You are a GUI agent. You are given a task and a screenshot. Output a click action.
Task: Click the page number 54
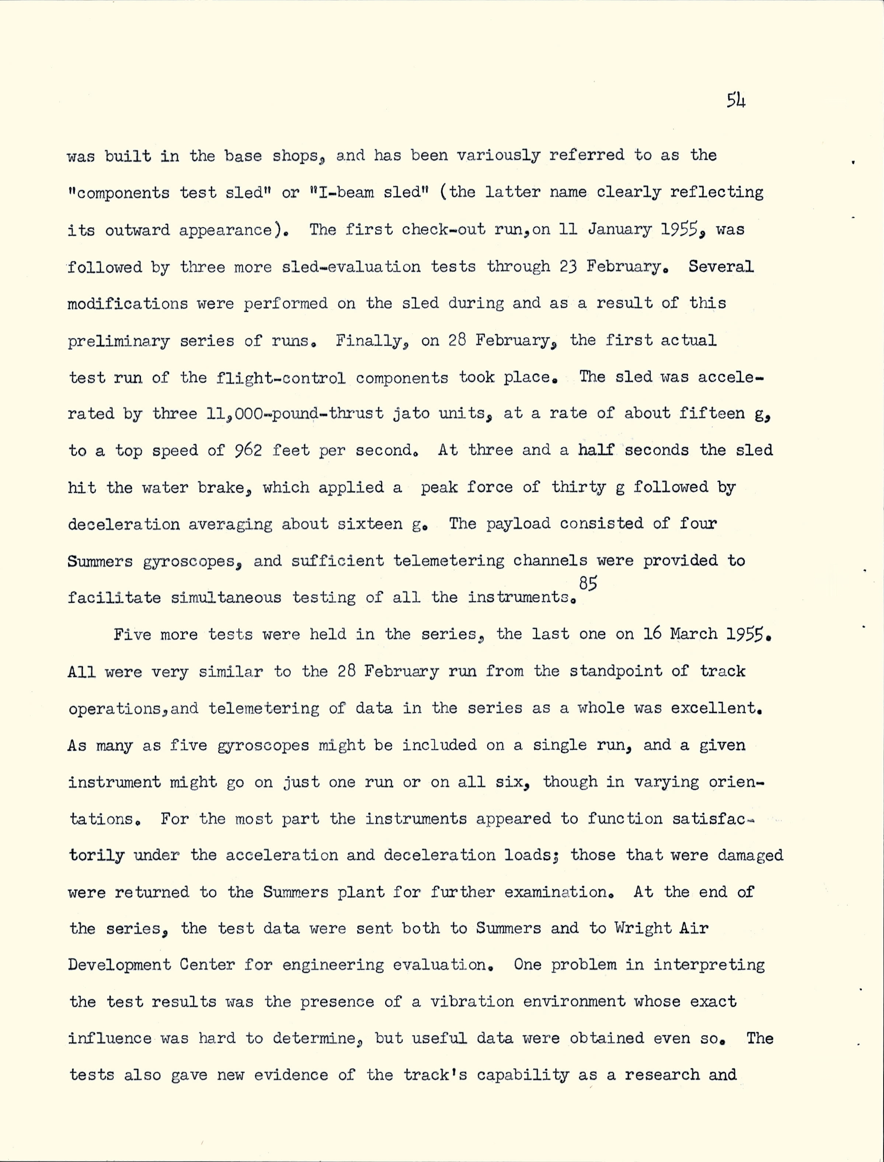pyautogui.click(x=735, y=100)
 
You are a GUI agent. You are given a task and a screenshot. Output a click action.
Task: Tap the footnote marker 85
pyautogui.click(x=588, y=583)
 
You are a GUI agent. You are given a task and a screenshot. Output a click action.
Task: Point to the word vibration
pyautogui.click(x=471, y=1002)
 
